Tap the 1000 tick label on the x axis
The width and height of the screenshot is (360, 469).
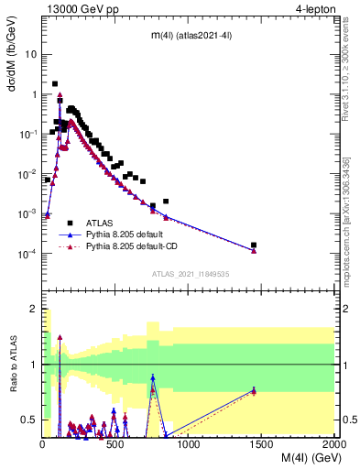tap(189, 445)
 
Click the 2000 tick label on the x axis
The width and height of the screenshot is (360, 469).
tap(334, 445)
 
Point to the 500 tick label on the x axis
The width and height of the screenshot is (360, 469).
tap(115, 445)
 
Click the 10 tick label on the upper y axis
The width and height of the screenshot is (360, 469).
tap(30, 54)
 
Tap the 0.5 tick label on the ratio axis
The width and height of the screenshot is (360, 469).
tap(29, 420)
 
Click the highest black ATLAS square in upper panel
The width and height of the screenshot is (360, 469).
tap(56, 83)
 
